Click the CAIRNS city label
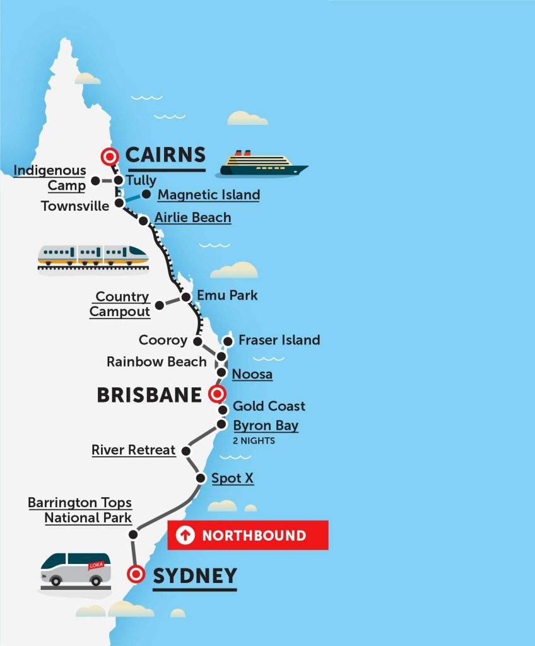[x=165, y=155]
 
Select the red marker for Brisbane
[x=216, y=395]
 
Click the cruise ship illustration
[x=262, y=164]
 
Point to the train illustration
[x=93, y=255]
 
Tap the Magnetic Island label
[x=208, y=195]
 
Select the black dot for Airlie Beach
[x=143, y=220]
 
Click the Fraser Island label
[x=279, y=340]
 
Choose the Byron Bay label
[x=266, y=425]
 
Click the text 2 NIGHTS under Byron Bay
[x=254, y=441]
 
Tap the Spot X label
[x=232, y=478]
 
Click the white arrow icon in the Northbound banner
[x=185, y=536]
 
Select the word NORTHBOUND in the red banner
[x=254, y=536]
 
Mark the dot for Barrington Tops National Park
[x=133, y=534]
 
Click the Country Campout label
[x=120, y=304]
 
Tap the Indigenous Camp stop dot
[x=95, y=180]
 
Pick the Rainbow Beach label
[x=156, y=362]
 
